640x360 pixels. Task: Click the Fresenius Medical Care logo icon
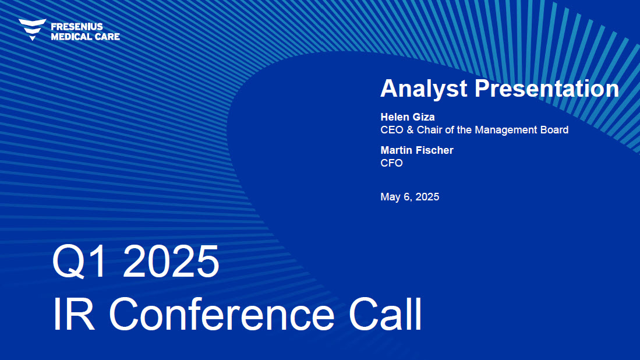[x=32, y=30]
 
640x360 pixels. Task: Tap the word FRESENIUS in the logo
[x=77, y=27]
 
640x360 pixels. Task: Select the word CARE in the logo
[x=107, y=37]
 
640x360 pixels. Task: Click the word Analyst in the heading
[x=424, y=89]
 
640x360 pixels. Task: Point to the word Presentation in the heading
[x=547, y=88]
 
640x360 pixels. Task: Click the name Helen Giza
[x=407, y=117]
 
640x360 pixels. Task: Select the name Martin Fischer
[x=417, y=150]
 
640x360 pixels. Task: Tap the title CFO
[x=391, y=163]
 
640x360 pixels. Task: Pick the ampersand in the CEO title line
[x=410, y=130]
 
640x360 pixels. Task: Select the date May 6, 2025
[x=410, y=197]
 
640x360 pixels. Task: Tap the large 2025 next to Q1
[x=171, y=261]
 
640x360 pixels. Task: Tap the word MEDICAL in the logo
[x=72, y=37]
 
